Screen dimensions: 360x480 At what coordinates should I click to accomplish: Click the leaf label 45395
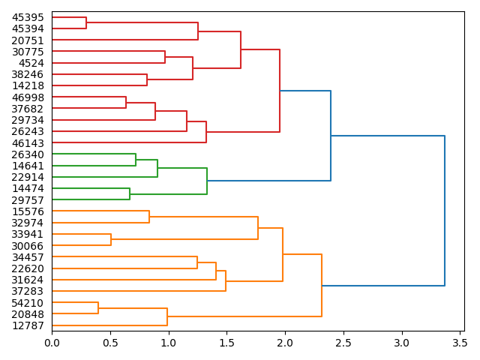click(28, 17)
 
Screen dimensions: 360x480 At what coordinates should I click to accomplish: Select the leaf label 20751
click(28, 40)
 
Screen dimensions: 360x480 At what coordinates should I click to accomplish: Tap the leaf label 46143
click(28, 142)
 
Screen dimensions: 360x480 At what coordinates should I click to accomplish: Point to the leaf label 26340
click(28, 154)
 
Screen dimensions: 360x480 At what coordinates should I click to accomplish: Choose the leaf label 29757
click(28, 199)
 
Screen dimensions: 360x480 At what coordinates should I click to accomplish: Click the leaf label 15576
click(28, 211)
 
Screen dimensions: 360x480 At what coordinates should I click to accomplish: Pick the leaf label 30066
click(28, 246)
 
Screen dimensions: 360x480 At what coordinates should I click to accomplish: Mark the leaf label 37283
click(28, 291)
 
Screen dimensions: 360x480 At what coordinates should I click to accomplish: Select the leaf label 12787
click(28, 325)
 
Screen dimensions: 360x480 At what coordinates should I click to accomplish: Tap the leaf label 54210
click(28, 303)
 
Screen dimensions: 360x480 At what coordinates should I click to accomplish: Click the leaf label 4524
click(31, 63)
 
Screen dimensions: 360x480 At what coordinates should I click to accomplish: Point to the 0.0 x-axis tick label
click(52, 343)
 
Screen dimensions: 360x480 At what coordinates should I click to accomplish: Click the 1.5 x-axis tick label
click(226, 343)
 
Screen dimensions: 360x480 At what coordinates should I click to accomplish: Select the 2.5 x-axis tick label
click(343, 343)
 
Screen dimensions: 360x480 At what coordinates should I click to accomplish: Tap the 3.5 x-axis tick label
click(460, 343)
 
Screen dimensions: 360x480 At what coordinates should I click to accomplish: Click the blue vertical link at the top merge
click(445, 211)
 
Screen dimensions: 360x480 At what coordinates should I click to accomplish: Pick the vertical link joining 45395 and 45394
click(86, 22)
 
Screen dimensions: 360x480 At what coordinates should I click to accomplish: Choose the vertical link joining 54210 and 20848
click(98, 308)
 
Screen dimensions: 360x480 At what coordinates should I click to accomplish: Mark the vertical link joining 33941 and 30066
click(111, 240)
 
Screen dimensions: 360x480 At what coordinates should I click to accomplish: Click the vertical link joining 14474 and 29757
click(130, 194)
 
